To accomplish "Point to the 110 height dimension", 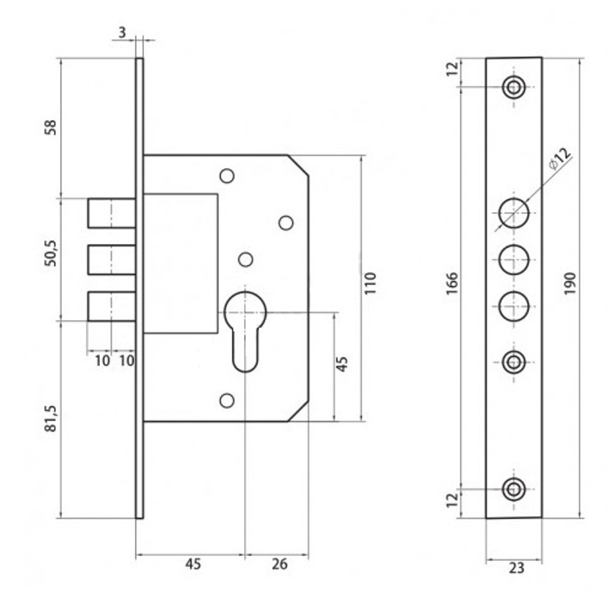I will [x=370, y=283].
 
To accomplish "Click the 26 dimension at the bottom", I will [x=279, y=565].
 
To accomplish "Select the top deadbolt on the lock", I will [x=112, y=213].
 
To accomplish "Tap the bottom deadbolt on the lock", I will [x=112, y=306].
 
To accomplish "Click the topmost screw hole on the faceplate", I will [x=514, y=86].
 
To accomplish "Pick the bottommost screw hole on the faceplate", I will [x=514, y=489].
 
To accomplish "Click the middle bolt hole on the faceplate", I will [x=514, y=259].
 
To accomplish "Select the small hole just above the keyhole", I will [x=245, y=259].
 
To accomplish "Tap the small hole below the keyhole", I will [x=227, y=400].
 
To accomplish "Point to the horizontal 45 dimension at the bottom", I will [x=192, y=565].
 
